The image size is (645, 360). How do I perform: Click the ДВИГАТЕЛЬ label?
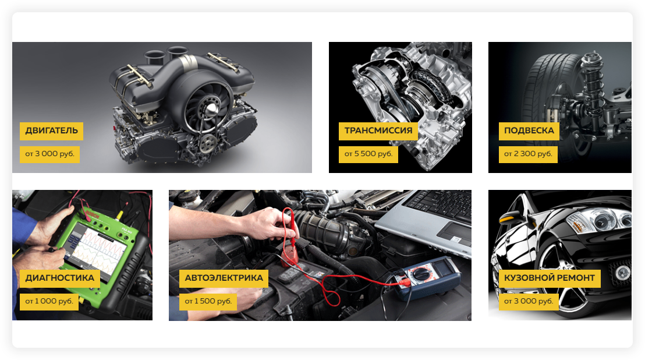51,131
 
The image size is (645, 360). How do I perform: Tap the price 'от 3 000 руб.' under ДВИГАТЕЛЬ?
50,154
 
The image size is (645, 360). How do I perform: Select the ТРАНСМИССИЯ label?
378,131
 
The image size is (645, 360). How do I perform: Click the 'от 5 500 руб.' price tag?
368,154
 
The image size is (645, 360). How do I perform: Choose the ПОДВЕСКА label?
529,131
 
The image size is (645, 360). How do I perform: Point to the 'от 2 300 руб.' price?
528,154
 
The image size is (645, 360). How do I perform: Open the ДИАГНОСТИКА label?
59,278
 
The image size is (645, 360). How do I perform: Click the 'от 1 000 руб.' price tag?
49,302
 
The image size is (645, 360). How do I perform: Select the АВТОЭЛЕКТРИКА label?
224,278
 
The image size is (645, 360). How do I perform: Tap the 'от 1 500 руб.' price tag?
208,302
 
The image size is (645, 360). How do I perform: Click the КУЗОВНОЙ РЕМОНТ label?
550,278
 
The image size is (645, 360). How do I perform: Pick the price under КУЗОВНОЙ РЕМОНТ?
529,302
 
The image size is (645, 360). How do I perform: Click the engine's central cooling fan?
208,108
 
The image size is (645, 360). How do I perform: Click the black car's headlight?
598,221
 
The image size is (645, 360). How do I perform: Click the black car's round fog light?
622,272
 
